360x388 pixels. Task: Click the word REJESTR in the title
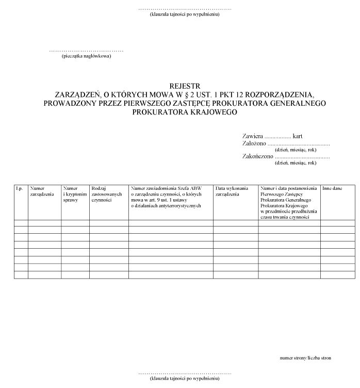tap(185, 86)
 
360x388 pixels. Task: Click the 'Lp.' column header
tap(20, 189)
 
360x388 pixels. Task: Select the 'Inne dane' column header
tap(333, 189)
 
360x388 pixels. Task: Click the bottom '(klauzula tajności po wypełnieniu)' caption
tap(185, 378)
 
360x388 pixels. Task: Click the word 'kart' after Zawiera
tap(298, 136)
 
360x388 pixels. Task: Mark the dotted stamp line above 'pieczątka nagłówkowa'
tap(86, 51)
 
